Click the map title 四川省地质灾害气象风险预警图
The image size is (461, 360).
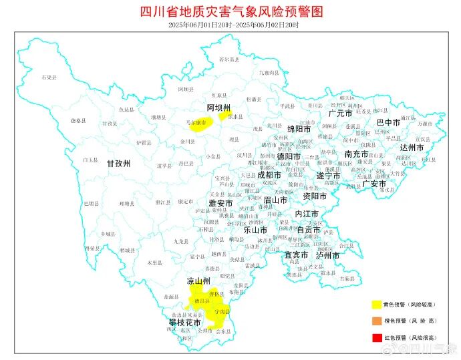point(231,12)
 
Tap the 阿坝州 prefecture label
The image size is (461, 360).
point(218,108)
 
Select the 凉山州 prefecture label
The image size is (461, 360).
point(198,281)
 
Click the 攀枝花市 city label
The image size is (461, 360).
point(184,323)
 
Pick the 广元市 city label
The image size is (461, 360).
point(340,114)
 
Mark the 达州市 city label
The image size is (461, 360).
point(412,147)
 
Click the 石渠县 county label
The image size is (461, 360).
point(48,78)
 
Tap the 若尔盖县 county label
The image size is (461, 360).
point(229,59)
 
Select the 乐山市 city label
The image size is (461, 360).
point(255,230)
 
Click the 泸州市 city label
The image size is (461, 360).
point(329,255)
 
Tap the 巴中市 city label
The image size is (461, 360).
point(388,123)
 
